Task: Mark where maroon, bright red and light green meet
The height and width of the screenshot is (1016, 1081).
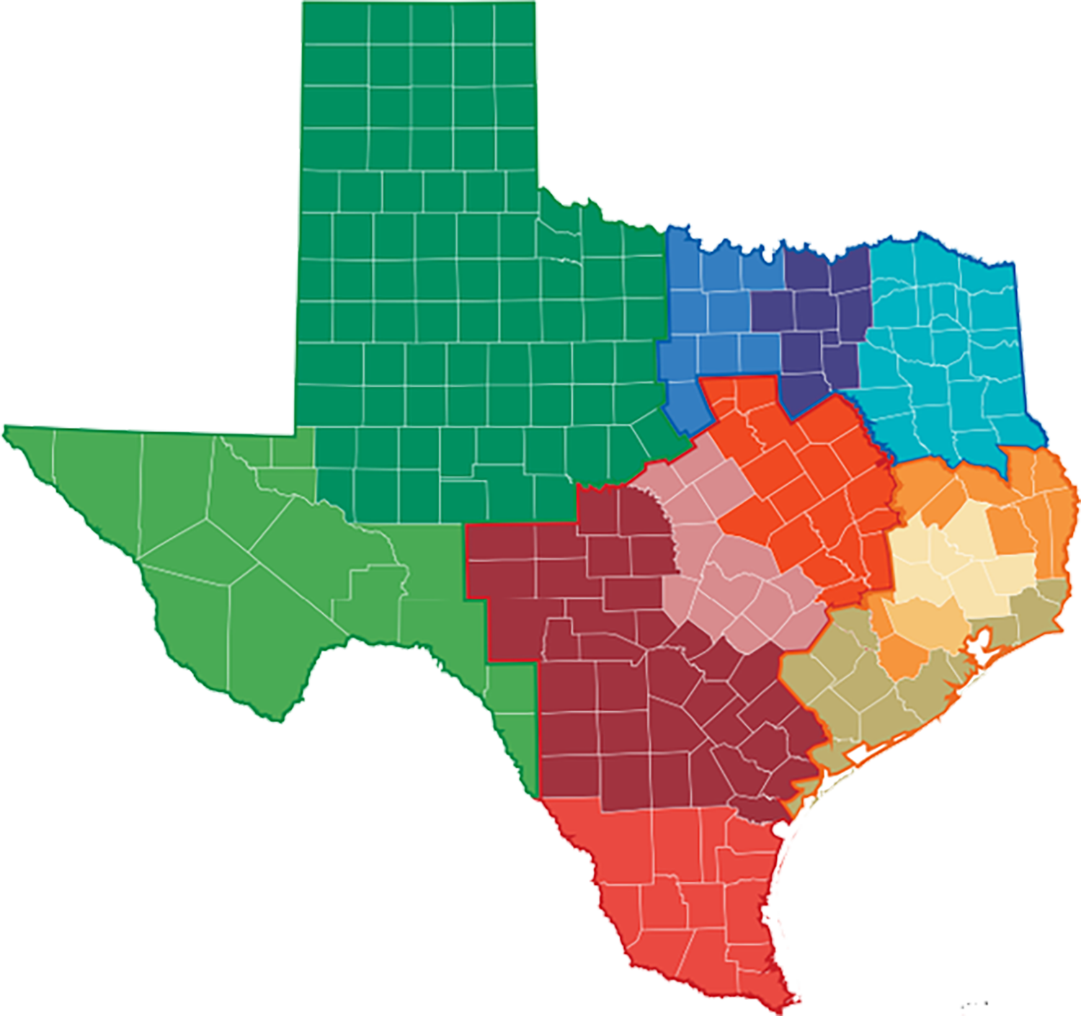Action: [539, 798]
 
